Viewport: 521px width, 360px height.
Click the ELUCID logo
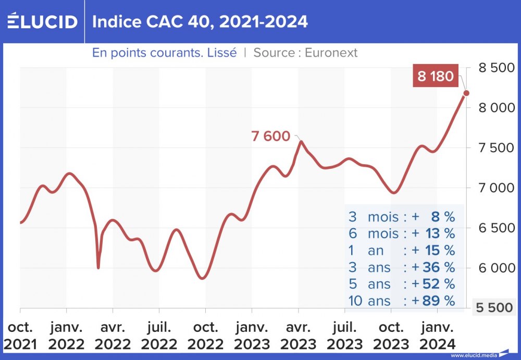[42, 21]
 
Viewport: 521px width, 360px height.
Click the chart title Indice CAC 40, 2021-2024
[200, 21]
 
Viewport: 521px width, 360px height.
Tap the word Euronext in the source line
[331, 53]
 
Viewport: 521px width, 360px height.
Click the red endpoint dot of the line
[466, 93]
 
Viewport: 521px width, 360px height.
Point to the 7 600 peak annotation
[270, 136]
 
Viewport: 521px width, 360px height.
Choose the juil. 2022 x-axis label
[159, 336]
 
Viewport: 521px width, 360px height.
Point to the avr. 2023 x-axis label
[298, 336]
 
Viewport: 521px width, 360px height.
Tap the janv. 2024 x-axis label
[437, 336]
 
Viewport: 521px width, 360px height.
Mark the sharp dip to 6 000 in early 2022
[98, 267]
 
